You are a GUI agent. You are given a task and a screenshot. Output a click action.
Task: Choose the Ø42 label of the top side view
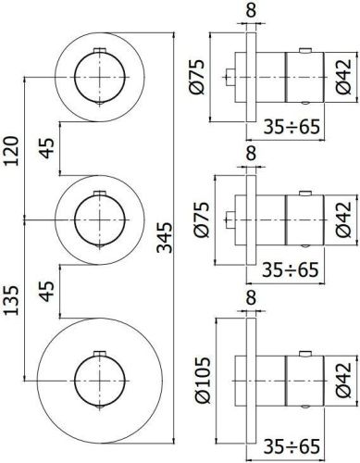341,78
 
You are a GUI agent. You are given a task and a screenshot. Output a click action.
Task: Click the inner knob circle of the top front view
96,73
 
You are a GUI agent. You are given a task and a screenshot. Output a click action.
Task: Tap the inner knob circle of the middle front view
96,218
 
